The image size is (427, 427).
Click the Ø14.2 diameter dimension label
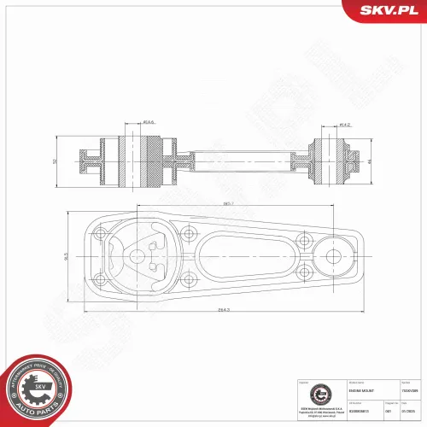[x=346, y=126]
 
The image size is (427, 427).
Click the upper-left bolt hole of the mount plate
[x=101, y=232]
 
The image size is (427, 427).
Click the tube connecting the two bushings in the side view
[x=235, y=160]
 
